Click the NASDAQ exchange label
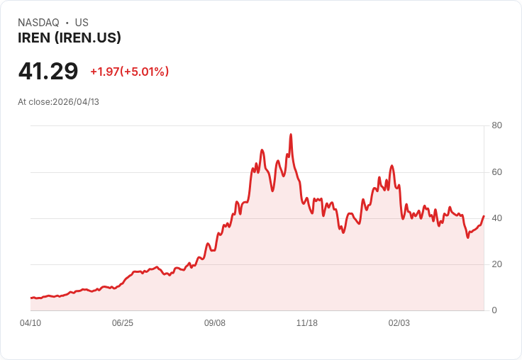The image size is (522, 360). [38, 23]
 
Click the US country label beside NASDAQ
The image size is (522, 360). [82, 23]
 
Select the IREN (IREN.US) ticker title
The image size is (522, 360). [70, 38]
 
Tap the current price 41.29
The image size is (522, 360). [48, 72]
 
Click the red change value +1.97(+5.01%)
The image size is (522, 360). [129, 72]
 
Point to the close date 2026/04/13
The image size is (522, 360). [76, 102]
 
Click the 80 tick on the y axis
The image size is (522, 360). [497, 126]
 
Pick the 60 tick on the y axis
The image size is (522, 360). [497, 172]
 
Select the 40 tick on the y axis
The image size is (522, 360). [497, 218]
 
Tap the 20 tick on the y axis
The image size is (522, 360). [497, 264]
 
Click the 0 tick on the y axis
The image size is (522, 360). [494, 310]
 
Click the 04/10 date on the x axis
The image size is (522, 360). [30, 323]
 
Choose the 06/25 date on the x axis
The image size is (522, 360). [123, 323]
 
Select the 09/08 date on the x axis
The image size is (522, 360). [215, 323]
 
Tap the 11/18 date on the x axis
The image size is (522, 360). [307, 323]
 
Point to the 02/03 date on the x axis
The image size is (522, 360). [399, 323]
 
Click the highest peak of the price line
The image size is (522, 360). [291, 135]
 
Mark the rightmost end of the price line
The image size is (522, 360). [484, 216]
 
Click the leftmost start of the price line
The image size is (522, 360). [30, 298]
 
